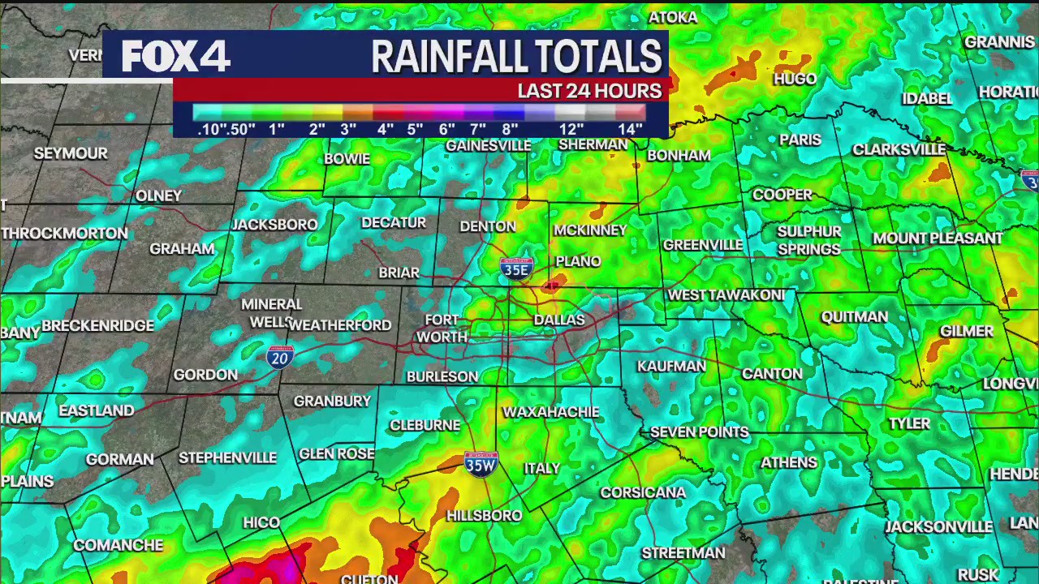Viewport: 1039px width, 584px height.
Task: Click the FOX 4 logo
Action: (176, 56)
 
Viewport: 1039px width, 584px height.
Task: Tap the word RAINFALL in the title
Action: (446, 57)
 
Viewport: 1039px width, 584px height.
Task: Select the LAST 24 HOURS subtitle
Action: (589, 90)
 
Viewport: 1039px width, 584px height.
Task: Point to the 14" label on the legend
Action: (630, 129)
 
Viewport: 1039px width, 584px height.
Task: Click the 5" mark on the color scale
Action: (415, 129)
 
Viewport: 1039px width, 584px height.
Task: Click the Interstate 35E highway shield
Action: (516, 268)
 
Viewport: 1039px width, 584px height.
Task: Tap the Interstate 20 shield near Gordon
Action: (279, 356)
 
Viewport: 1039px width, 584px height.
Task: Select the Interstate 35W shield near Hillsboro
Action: (481, 464)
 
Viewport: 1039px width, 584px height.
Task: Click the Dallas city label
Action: (559, 320)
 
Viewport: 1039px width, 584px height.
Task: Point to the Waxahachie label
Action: (550, 412)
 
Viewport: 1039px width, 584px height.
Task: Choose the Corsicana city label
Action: (643, 492)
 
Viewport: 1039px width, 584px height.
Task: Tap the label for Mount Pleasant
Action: (938, 238)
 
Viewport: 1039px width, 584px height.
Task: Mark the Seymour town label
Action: (71, 153)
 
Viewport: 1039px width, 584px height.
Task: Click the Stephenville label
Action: (227, 457)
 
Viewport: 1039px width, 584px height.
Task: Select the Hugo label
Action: (795, 79)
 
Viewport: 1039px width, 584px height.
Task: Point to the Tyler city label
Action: (909, 423)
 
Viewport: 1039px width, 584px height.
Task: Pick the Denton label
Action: (488, 226)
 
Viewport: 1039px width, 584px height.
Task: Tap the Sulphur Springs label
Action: (808, 240)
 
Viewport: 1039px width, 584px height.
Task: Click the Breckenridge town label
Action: (98, 325)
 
